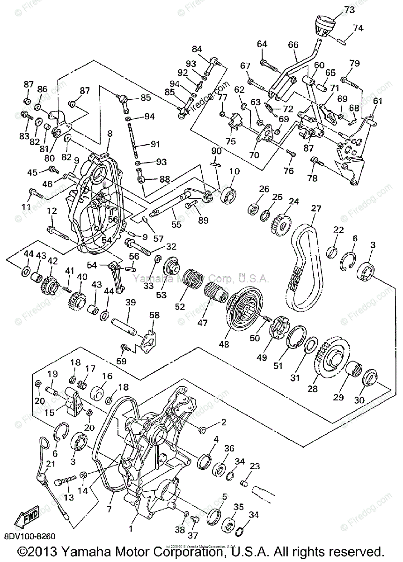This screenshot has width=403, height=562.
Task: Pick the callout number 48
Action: (x=224, y=344)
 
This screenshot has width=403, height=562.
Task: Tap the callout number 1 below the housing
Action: (x=130, y=529)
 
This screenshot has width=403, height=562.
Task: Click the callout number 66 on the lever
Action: (x=293, y=45)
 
